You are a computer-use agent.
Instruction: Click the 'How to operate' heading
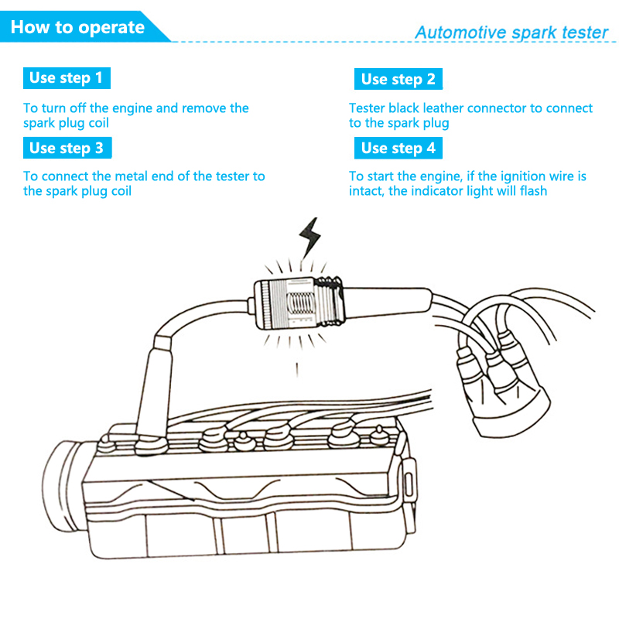coord(78,29)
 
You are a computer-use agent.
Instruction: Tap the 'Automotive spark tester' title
coord(511,32)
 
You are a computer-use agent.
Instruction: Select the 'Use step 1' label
coord(66,77)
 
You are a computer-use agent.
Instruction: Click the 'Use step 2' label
coord(398,79)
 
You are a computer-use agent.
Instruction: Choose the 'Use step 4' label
coord(398,148)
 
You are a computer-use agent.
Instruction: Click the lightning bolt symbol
coord(311,235)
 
